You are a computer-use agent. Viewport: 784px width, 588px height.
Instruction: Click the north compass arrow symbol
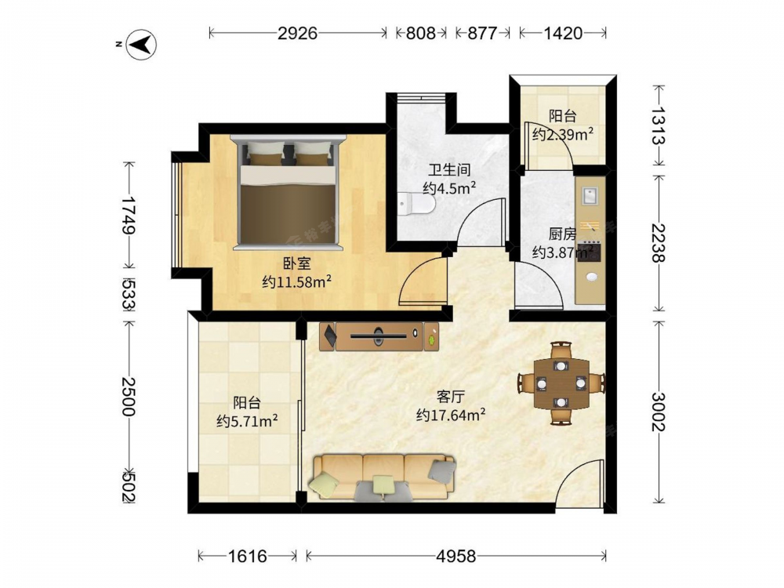(x=141, y=45)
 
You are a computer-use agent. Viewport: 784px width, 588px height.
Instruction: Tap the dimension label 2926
(x=297, y=33)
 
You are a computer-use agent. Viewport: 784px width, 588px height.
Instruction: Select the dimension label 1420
(x=563, y=33)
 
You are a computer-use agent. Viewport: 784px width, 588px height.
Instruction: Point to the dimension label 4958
(x=456, y=556)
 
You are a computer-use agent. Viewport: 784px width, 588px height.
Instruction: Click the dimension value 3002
(x=659, y=412)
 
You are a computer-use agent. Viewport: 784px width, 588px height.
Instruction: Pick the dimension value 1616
(x=248, y=556)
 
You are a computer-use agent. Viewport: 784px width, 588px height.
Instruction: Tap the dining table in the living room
(x=561, y=383)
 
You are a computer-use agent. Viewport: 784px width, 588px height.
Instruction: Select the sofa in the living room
(x=383, y=477)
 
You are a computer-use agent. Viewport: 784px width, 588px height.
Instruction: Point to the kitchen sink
(x=590, y=195)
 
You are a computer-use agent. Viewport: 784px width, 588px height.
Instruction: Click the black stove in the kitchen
(x=589, y=252)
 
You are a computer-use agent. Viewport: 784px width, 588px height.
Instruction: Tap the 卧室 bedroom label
(x=297, y=263)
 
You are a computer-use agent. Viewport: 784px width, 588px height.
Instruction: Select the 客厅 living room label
(x=451, y=397)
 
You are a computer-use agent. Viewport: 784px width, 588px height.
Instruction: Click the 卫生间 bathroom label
(x=449, y=169)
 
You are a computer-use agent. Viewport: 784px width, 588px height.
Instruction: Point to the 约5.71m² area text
(x=247, y=421)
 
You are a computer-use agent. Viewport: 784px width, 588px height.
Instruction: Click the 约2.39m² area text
(x=562, y=134)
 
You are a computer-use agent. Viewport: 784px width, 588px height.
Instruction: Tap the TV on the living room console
(x=379, y=336)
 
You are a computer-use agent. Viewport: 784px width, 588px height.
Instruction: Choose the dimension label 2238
(x=659, y=243)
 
